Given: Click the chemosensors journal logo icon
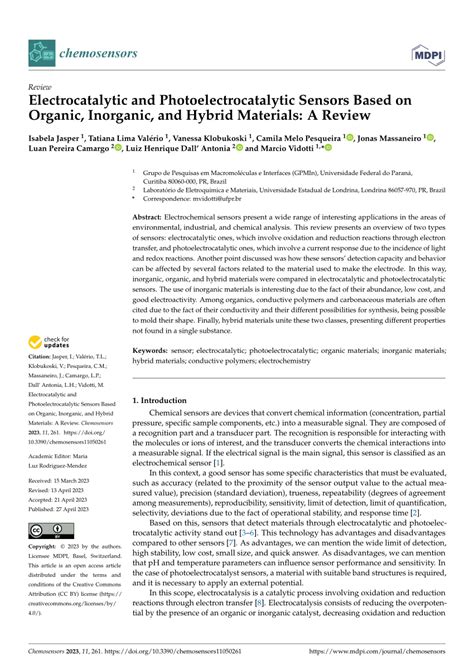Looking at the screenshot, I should click(x=41, y=47).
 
